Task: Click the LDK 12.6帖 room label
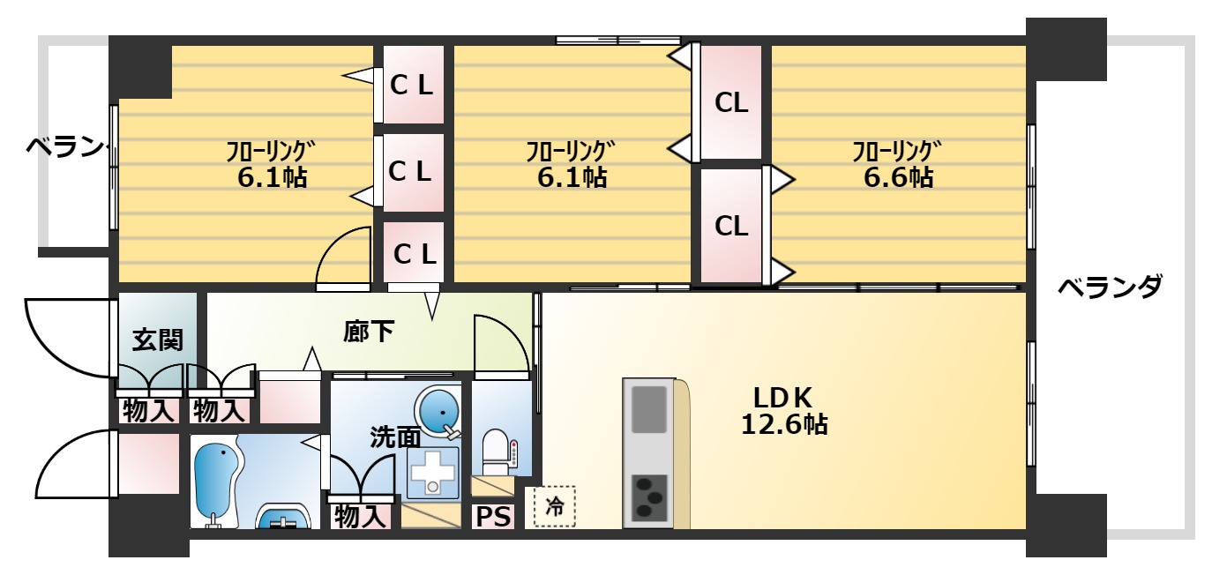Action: click(783, 411)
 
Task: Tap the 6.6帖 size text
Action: click(898, 177)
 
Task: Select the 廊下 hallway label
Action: click(369, 332)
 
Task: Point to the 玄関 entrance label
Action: click(157, 340)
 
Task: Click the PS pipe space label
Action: click(493, 517)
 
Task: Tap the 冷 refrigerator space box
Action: click(555, 506)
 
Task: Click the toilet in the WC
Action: click(495, 452)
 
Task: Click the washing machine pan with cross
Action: click(432, 473)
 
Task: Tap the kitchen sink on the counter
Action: click(648, 409)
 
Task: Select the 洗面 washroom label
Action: click(395, 437)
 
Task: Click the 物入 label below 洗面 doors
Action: click(361, 516)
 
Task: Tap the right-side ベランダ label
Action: click(1109, 287)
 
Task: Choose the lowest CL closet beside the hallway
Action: click(414, 252)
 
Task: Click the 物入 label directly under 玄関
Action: click(149, 411)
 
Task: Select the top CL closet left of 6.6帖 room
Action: click(731, 102)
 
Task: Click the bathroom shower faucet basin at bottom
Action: click(283, 518)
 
